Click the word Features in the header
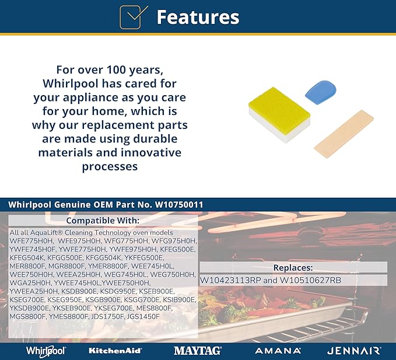198,17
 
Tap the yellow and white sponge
279,115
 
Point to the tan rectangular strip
344,134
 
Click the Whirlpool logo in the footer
45,351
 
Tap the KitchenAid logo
115,351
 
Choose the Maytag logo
198,351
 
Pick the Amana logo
278,351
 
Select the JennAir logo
354,351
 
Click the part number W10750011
179,205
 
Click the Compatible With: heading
103,221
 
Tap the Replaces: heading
293,268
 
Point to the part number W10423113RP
230,280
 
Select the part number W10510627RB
310,280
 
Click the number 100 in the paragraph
117,70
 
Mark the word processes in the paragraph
110,167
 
